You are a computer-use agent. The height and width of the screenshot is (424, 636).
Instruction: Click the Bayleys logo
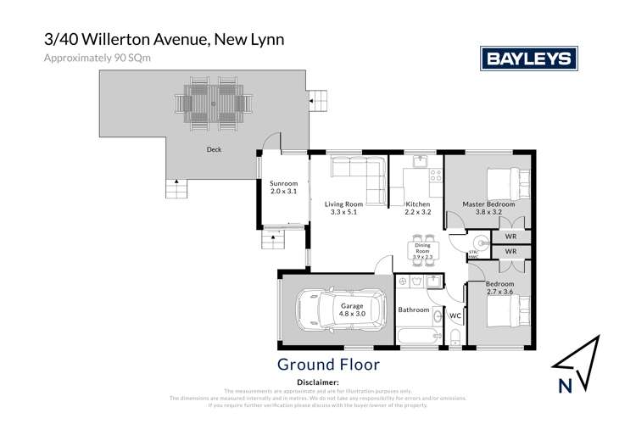(x=529, y=58)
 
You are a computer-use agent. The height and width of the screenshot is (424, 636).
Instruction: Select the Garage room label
(x=352, y=305)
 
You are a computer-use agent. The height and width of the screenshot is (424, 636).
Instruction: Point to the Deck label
(x=215, y=150)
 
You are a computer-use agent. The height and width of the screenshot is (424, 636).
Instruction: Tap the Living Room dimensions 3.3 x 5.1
(x=344, y=214)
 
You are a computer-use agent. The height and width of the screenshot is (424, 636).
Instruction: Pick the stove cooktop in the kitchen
(x=435, y=176)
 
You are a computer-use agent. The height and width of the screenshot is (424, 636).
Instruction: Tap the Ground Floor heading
(x=328, y=365)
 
